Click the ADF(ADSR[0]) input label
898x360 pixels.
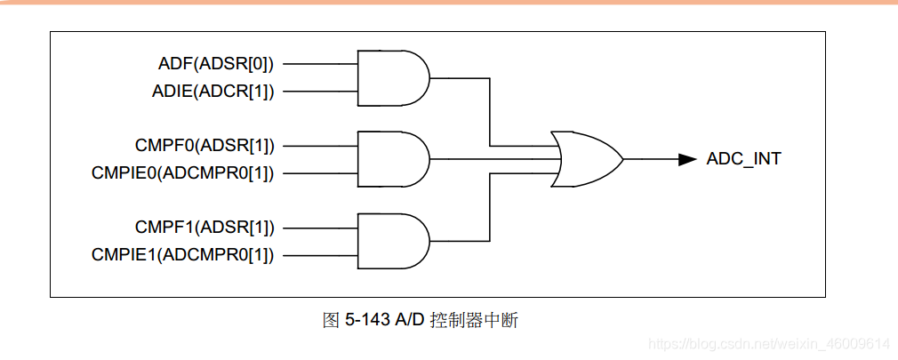[215, 63]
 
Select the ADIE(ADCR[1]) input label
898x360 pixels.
[213, 91]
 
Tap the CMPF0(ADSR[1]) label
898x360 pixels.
[204, 145]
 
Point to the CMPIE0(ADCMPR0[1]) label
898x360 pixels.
[182, 172]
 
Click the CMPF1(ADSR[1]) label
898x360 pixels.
[204, 227]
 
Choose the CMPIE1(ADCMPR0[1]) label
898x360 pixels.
[182, 254]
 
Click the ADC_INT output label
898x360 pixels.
[743, 159]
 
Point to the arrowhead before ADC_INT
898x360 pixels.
[686, 159]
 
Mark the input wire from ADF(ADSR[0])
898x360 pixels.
[319, 64]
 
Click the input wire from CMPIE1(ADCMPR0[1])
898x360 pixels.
[319, 254]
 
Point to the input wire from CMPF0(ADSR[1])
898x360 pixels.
[319, 146]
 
